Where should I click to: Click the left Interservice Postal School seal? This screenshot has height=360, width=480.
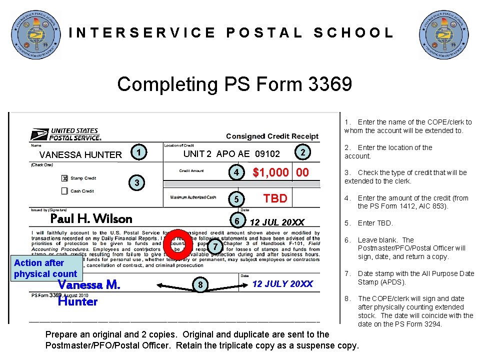point(36,34)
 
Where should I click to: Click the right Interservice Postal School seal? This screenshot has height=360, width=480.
point(444,34)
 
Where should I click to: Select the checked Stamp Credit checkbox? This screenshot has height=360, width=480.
point(64,178)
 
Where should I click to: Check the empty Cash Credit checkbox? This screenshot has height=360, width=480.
point(64,191)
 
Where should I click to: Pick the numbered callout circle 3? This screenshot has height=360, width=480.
point(136,183)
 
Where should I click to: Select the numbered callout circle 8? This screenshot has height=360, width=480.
point(200,285)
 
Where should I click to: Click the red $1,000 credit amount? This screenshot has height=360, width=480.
point(281,173)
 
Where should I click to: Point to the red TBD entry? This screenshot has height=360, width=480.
point(275,198)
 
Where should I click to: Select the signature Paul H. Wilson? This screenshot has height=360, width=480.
point(91,218)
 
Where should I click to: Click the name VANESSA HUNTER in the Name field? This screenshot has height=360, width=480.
point(80,155)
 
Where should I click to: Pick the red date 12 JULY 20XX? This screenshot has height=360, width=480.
point(282,284)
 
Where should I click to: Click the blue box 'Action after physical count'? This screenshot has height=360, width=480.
point(45,268)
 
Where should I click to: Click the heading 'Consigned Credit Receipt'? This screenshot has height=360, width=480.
point(272,136)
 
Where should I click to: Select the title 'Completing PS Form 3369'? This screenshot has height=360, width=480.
point(234,84)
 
